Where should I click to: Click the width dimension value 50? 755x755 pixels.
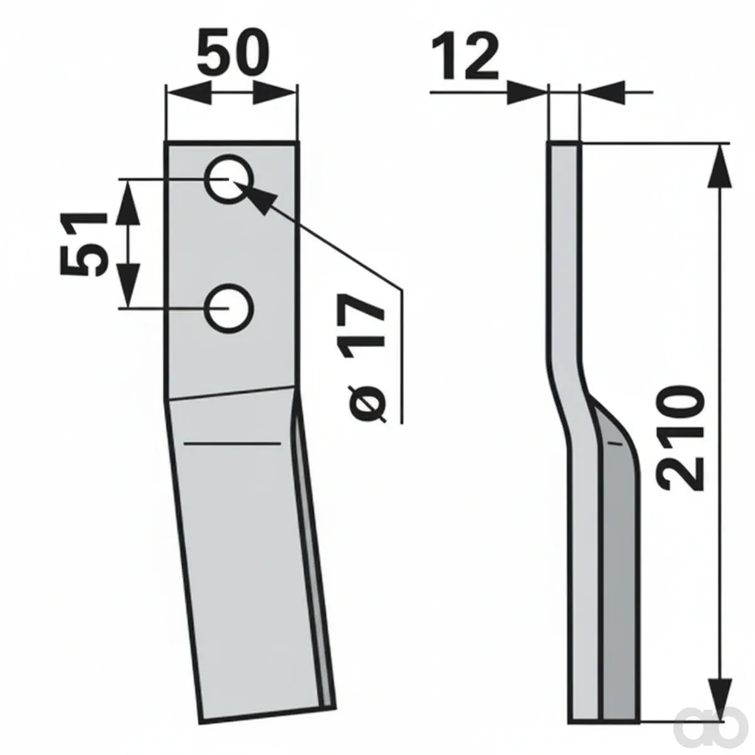233,52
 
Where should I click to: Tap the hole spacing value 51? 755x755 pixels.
83,243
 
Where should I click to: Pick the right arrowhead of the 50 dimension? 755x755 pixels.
274,93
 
